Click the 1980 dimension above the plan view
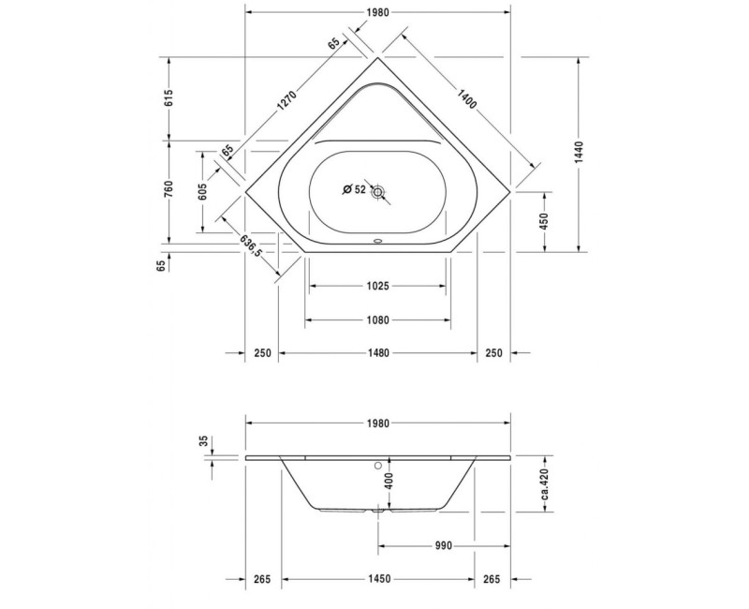pos(377,13)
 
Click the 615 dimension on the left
pos(169,98)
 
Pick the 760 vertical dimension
pos(169,189)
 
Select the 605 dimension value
pos(202,191)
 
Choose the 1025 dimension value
pos(377,286)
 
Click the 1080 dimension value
pos(377,319)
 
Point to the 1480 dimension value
pos(377,353)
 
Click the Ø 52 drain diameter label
pos(354,190)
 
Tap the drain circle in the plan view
pos(378,192)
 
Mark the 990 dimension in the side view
pos(444,545)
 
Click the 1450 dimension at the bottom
pos(377,580)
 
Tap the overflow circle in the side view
pos(378,463)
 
